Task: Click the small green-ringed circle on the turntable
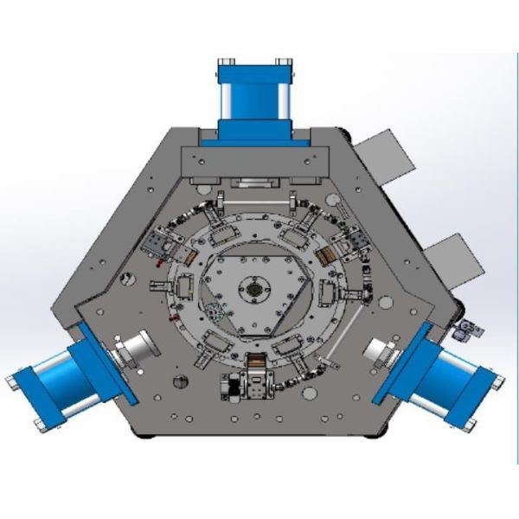pos(215,311)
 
